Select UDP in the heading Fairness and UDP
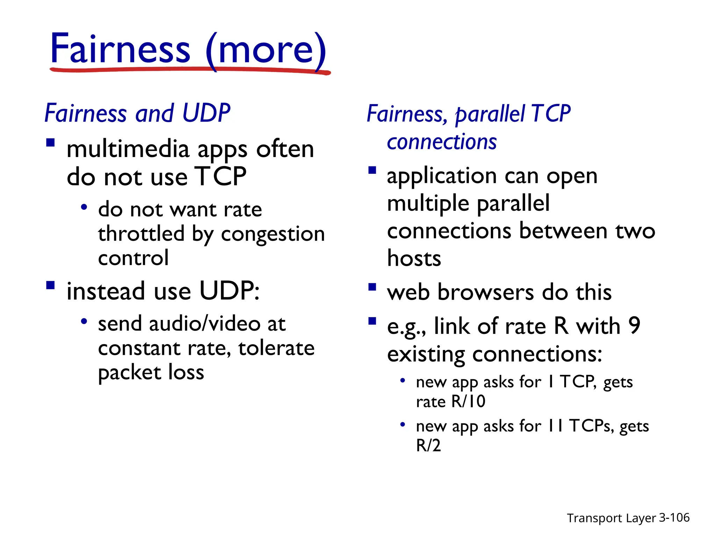206,113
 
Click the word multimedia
128,149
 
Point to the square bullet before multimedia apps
51,143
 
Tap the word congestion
273,234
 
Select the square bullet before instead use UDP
51,286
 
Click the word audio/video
205,323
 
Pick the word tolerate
276,348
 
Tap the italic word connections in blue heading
442,142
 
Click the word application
442,176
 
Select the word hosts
414,259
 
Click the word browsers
486,292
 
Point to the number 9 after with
634,325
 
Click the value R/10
468,401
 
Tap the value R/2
428,445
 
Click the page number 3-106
674,517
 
